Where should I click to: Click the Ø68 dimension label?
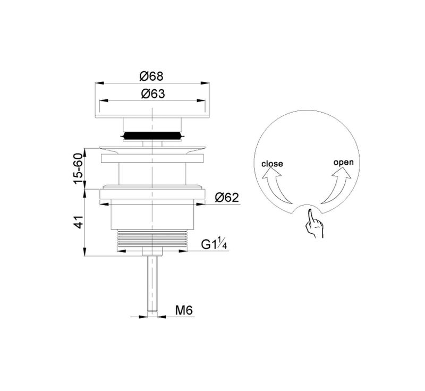(x=151, y=76)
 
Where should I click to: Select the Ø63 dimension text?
(x=153, y=93)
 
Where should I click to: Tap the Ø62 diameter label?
(x=227, y=198)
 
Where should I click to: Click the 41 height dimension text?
(x=78, y=222)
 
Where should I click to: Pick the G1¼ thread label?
(x=214, y=244)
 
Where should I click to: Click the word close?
(x=272, y=164)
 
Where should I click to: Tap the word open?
(x=343, y=163)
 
